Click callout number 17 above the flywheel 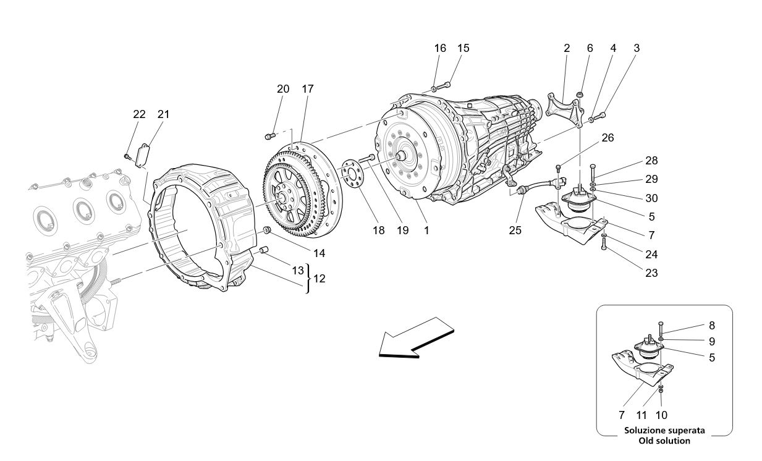coord(307,89)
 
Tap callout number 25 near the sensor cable coord(515,230)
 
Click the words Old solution coord(664,441)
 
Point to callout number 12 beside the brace coord(319,278)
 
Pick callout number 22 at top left coord(139,114)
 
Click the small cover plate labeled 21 coord(144,154)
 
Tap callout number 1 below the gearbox coord(426,230)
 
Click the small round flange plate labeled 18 coord(353,172)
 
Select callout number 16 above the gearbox coord(440,48)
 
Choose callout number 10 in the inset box coord(661,415)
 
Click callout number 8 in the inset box coord(712,324)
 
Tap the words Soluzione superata coord(664,430)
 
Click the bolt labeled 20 coord(269,135)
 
